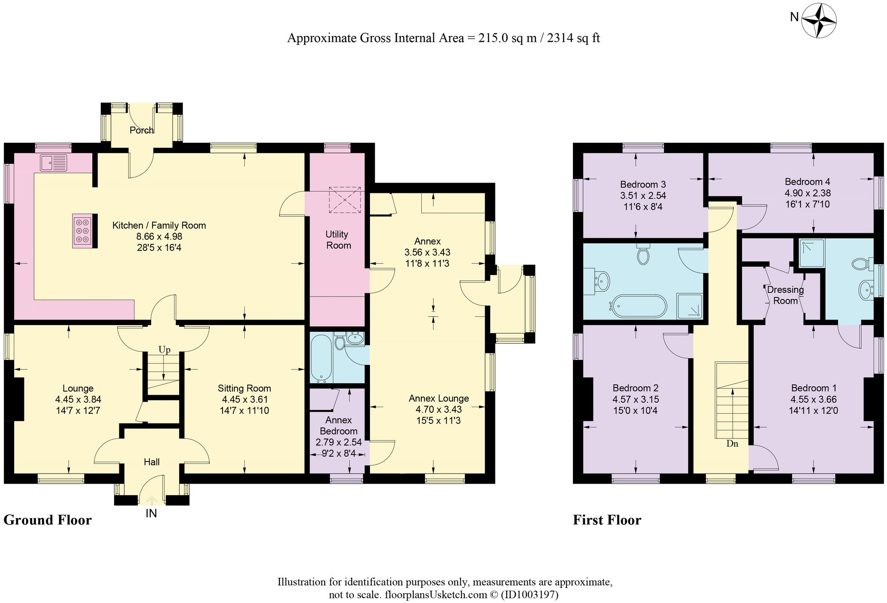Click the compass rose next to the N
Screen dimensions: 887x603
tap(819, 20)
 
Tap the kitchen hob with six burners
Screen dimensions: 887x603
tap(82, 231)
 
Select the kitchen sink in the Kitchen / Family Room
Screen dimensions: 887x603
tap(53, 163)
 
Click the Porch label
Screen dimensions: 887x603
tap(141, 130)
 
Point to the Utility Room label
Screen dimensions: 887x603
tap(338, 240)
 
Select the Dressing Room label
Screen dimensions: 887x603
tap(785, 295)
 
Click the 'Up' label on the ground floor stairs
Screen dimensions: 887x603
tap(165, 350)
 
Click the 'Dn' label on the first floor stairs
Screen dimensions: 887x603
tap(732, 443)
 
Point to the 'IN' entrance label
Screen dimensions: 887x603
tap(151, 513)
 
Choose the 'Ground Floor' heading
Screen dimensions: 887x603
tap(47, 520)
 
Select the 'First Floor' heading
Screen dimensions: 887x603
tap(607, 520)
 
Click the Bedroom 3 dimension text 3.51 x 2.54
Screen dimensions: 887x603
tap(643, 196)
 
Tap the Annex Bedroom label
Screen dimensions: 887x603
tap(338, 425)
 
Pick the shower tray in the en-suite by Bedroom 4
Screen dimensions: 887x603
tap(812, 253)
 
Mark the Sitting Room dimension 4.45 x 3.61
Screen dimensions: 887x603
tap(245, 399)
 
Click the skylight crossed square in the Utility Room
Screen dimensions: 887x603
tap(345, 200)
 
